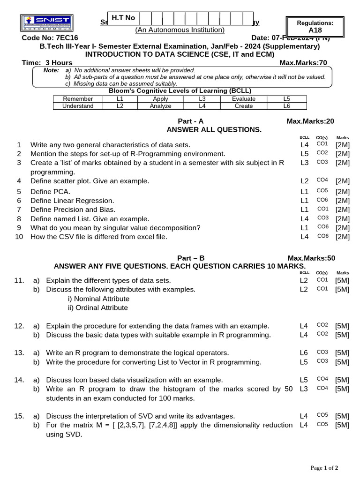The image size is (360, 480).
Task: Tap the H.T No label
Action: click(x=123, y=18)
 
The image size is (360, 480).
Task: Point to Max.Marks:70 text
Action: click(x=303, y=63)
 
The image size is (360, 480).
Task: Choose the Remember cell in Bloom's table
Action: click(x=78, y=99)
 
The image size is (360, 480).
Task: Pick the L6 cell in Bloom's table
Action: click(x=287, y=106)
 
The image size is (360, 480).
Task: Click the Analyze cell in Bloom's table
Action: click(x=160, y=106)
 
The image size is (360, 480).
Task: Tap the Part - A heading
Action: click(x=190, y=121)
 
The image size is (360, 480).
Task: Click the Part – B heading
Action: click(x=191, y=258)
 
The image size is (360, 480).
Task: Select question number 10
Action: click(x=19, y=237)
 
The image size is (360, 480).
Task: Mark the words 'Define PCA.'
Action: click(x=50, y=191)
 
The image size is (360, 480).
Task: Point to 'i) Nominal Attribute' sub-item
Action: click(x=98, y=299)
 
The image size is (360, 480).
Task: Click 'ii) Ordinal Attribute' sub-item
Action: click(x=97, y=308)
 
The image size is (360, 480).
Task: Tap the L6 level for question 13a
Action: click(x=304, y=352)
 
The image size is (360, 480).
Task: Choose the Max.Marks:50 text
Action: click(x=311, y=258)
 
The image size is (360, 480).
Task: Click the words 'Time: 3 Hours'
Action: click(x=47, y=63)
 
